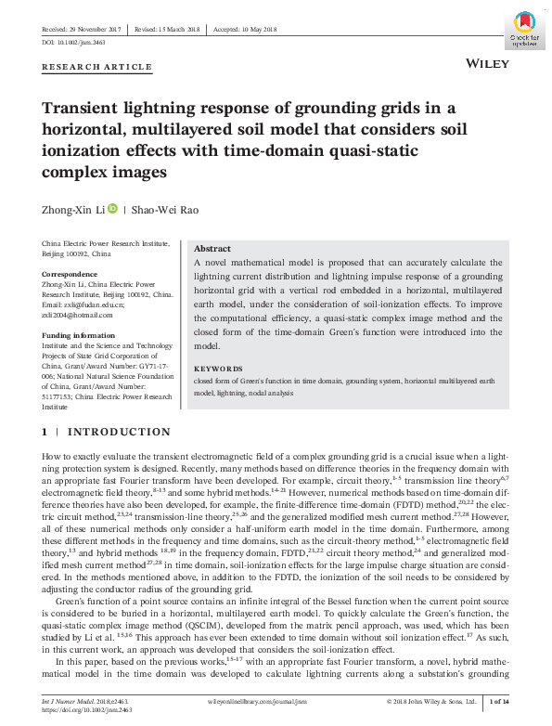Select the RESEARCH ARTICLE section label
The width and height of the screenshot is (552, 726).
(x=97, y=67)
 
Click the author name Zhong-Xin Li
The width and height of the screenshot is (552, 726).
(x=73, y=209)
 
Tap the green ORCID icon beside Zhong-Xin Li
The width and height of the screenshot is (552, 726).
(x=112, y=209)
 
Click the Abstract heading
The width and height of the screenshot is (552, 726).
(x=212, y=249)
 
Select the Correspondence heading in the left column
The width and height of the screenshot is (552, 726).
(x=71, y=275)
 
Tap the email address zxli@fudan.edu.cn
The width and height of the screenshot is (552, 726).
(x=83, y=305)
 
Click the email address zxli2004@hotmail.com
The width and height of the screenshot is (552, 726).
(x=77, y=315)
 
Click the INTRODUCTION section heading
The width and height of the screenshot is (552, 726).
(x=120, y=432)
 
